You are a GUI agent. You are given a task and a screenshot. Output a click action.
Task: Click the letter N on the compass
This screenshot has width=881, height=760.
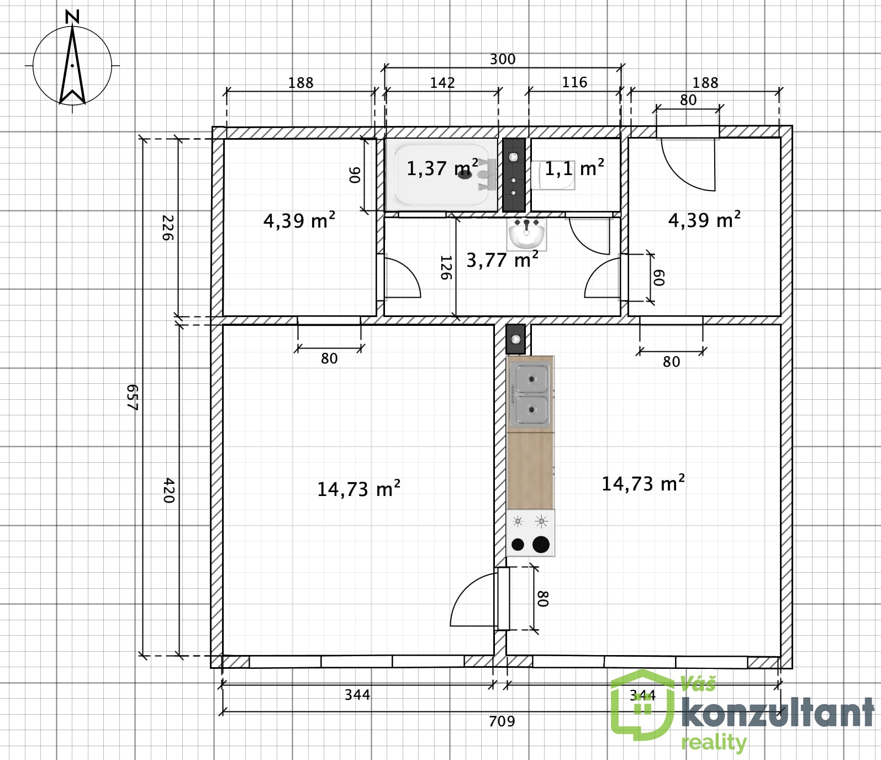[x=72, y=17]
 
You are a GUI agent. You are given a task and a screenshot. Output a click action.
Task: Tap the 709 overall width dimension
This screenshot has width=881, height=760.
[x=502, y=721]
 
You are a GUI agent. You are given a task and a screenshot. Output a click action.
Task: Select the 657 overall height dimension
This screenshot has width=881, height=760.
[x=132, y=398]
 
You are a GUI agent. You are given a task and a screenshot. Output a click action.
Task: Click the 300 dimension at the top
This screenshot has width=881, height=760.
[x=503, y=59]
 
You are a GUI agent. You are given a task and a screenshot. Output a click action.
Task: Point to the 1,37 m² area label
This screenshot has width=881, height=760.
[x=442, y=168]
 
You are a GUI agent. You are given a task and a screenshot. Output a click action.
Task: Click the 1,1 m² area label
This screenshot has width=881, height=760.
[x=574, y=168]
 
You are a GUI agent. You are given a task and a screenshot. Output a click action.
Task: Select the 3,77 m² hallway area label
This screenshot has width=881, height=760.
[x=503, y=260]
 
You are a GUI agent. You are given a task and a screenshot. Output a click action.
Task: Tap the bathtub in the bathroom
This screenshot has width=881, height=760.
[x=441, y=175]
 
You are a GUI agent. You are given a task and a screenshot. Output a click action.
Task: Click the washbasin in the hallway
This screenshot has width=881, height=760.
[x=526, y=234]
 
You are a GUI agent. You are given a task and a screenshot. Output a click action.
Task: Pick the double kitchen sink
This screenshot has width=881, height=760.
[x=531, y=394]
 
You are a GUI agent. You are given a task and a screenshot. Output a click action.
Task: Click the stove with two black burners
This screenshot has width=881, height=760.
[x=530, y=533]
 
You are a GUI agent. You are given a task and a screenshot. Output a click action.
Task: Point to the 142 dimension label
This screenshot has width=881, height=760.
[x=442, y=83]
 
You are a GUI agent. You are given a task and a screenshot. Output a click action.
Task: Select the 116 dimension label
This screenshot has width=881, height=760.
[x=574, y=82]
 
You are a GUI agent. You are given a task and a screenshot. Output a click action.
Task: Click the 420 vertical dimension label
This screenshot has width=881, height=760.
[x=169, y=491]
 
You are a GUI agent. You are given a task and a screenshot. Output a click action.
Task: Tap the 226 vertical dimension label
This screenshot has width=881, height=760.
[x=167, y=228]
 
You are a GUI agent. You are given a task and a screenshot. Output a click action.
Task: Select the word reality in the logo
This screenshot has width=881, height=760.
[x=714, y=743]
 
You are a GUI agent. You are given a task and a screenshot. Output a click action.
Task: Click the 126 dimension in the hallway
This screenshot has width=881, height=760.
[x=446, y=267]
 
